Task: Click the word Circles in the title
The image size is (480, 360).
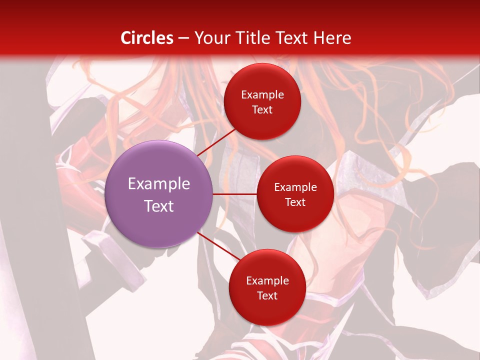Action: [147, 38]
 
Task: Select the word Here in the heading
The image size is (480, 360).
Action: [332, 38]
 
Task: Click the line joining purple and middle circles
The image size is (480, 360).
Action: [234, 193]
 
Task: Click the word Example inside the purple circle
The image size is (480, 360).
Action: [159, 184]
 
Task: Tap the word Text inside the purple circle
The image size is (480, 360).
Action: [159, 206]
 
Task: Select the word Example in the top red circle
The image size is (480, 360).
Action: [262, 95]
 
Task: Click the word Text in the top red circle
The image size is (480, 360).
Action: [262, 109]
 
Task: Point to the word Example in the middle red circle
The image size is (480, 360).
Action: [295, 187]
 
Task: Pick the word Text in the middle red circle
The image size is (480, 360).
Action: [295, 202]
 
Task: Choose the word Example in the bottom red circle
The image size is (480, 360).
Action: [267, 281]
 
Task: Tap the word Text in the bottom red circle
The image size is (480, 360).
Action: [267, 295]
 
